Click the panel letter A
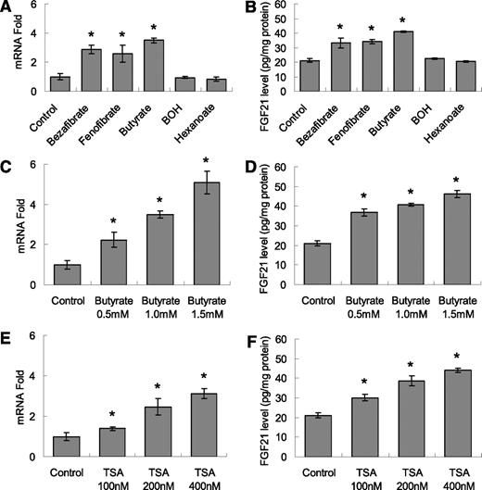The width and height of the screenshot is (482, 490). pyautogui.click(x=7, y=9)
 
